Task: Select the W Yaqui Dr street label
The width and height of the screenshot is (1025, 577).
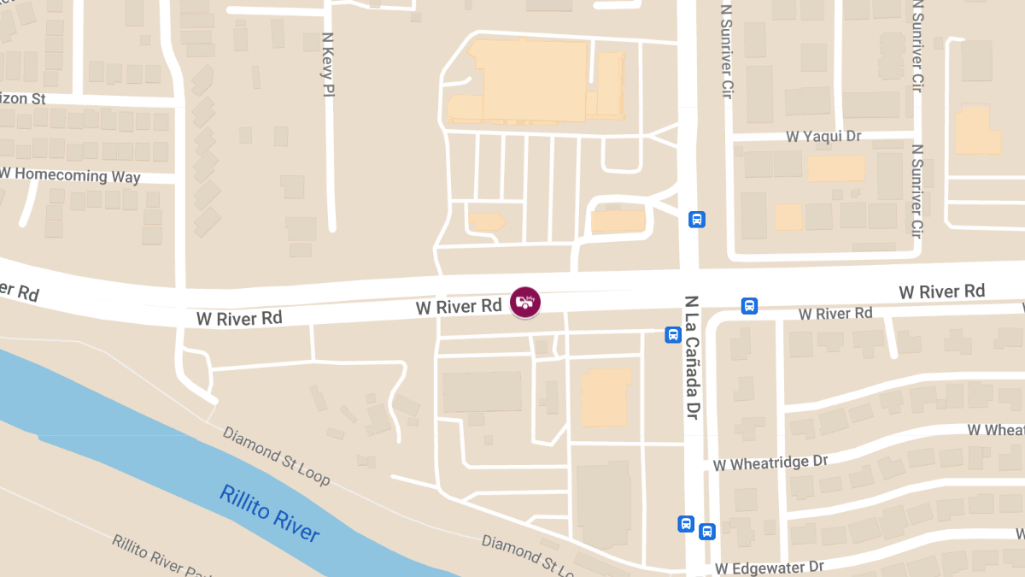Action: pos(823,137)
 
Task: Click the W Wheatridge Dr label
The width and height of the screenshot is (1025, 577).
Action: pos(770,462)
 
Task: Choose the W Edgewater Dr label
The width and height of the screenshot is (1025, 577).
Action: pos(769,568)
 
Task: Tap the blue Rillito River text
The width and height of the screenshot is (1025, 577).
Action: pos(269,513)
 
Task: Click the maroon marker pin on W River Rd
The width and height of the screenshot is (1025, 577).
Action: pos(525,303)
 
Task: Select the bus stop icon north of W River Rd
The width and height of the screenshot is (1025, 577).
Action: pos(697,220)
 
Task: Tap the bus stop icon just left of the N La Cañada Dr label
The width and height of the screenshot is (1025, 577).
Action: pos(673,335)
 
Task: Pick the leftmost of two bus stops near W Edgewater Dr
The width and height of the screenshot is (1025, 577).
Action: pos(685,523)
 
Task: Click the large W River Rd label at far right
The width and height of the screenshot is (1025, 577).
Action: pos(941,292)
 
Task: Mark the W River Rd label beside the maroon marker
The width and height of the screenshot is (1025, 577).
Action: pos(459,306)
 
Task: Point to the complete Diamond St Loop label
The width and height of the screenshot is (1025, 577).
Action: pos(276,455)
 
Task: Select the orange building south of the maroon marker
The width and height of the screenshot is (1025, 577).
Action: pos(606,397)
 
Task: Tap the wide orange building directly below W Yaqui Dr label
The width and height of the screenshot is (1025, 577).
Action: pos(835,168)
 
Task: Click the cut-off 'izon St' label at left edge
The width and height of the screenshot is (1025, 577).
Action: pos(23,99)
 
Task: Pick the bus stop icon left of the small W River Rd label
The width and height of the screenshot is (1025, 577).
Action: pos(749,306)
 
